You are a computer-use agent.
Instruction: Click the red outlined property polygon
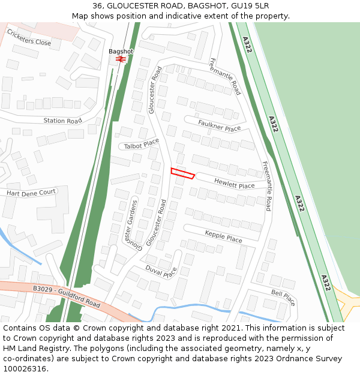coord(182,173)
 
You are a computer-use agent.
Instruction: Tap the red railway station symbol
coord(121,59)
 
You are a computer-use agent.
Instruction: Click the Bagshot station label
coord(121,52)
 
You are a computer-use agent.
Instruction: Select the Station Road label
coord(62,121)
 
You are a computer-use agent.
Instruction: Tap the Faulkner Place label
coord(219,125)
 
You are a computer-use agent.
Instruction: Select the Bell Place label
coord(283,296)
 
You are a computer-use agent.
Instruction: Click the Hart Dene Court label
coord(31,193)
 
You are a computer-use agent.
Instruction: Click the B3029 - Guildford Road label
coord(66,296)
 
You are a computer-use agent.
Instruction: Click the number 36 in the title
coord(97,6)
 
